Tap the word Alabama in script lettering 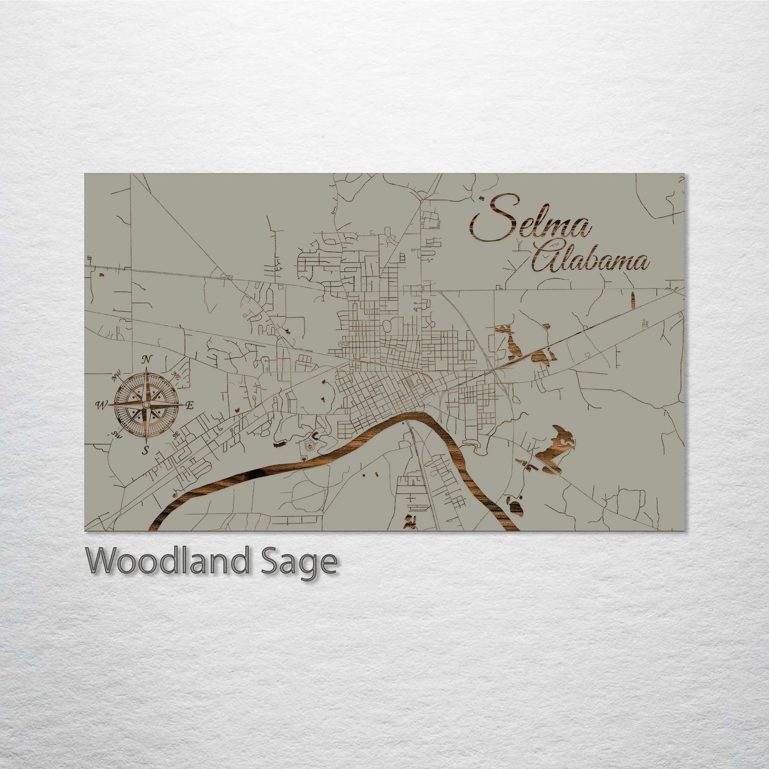(591, 261)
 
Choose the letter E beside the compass (189, 406)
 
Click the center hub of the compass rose (145, 406)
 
